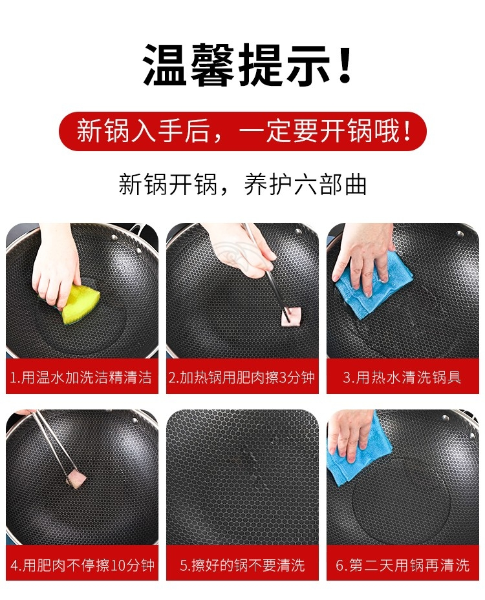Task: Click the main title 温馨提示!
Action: [247, 65]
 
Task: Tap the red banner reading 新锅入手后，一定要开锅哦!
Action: [242, 131]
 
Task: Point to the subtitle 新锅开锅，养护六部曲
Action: [242, 185]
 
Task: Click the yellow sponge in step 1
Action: [80, 304]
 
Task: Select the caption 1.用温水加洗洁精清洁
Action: [81, 377]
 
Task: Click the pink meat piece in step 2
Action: [291, 318]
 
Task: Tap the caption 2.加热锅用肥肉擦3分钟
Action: [242, 377]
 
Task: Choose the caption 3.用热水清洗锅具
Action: [402, 377]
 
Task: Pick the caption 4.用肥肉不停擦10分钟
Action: [82, 565]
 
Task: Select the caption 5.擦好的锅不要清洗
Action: [242, 565]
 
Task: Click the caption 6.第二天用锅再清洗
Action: [402, 565]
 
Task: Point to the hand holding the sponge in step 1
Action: [56, 264]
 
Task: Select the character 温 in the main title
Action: [165, 65]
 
